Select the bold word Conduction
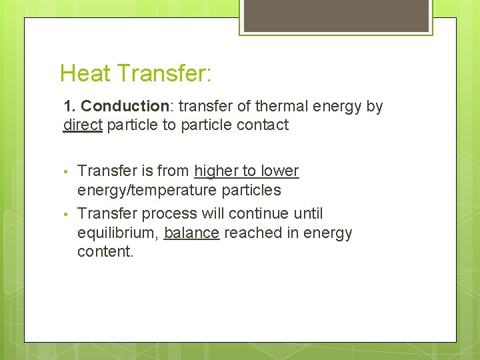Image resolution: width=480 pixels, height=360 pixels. click(x=125, y=107)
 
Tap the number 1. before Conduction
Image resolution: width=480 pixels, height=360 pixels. click(x=70, y=107)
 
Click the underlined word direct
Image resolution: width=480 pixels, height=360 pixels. click(x=83, y=125)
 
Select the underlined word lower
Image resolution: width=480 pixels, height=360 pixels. click(x=279, y=171)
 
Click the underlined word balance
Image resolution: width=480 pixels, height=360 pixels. click(x=191, y=233)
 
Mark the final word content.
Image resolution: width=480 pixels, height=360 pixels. click(x=105, y=252)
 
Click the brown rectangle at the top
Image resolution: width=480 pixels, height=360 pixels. click(x=336, y=15)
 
